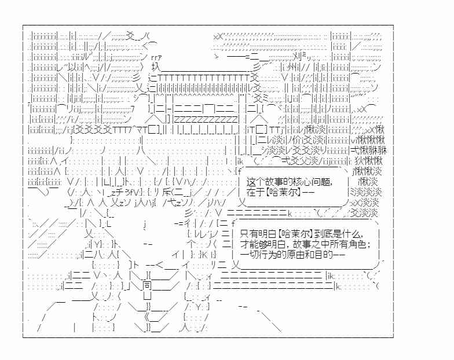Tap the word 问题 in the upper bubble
(320, 182)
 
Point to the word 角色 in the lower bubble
(357, 244)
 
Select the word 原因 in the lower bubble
(295, 255)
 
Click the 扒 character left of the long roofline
(156, 67)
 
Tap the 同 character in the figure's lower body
(147, 285)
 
